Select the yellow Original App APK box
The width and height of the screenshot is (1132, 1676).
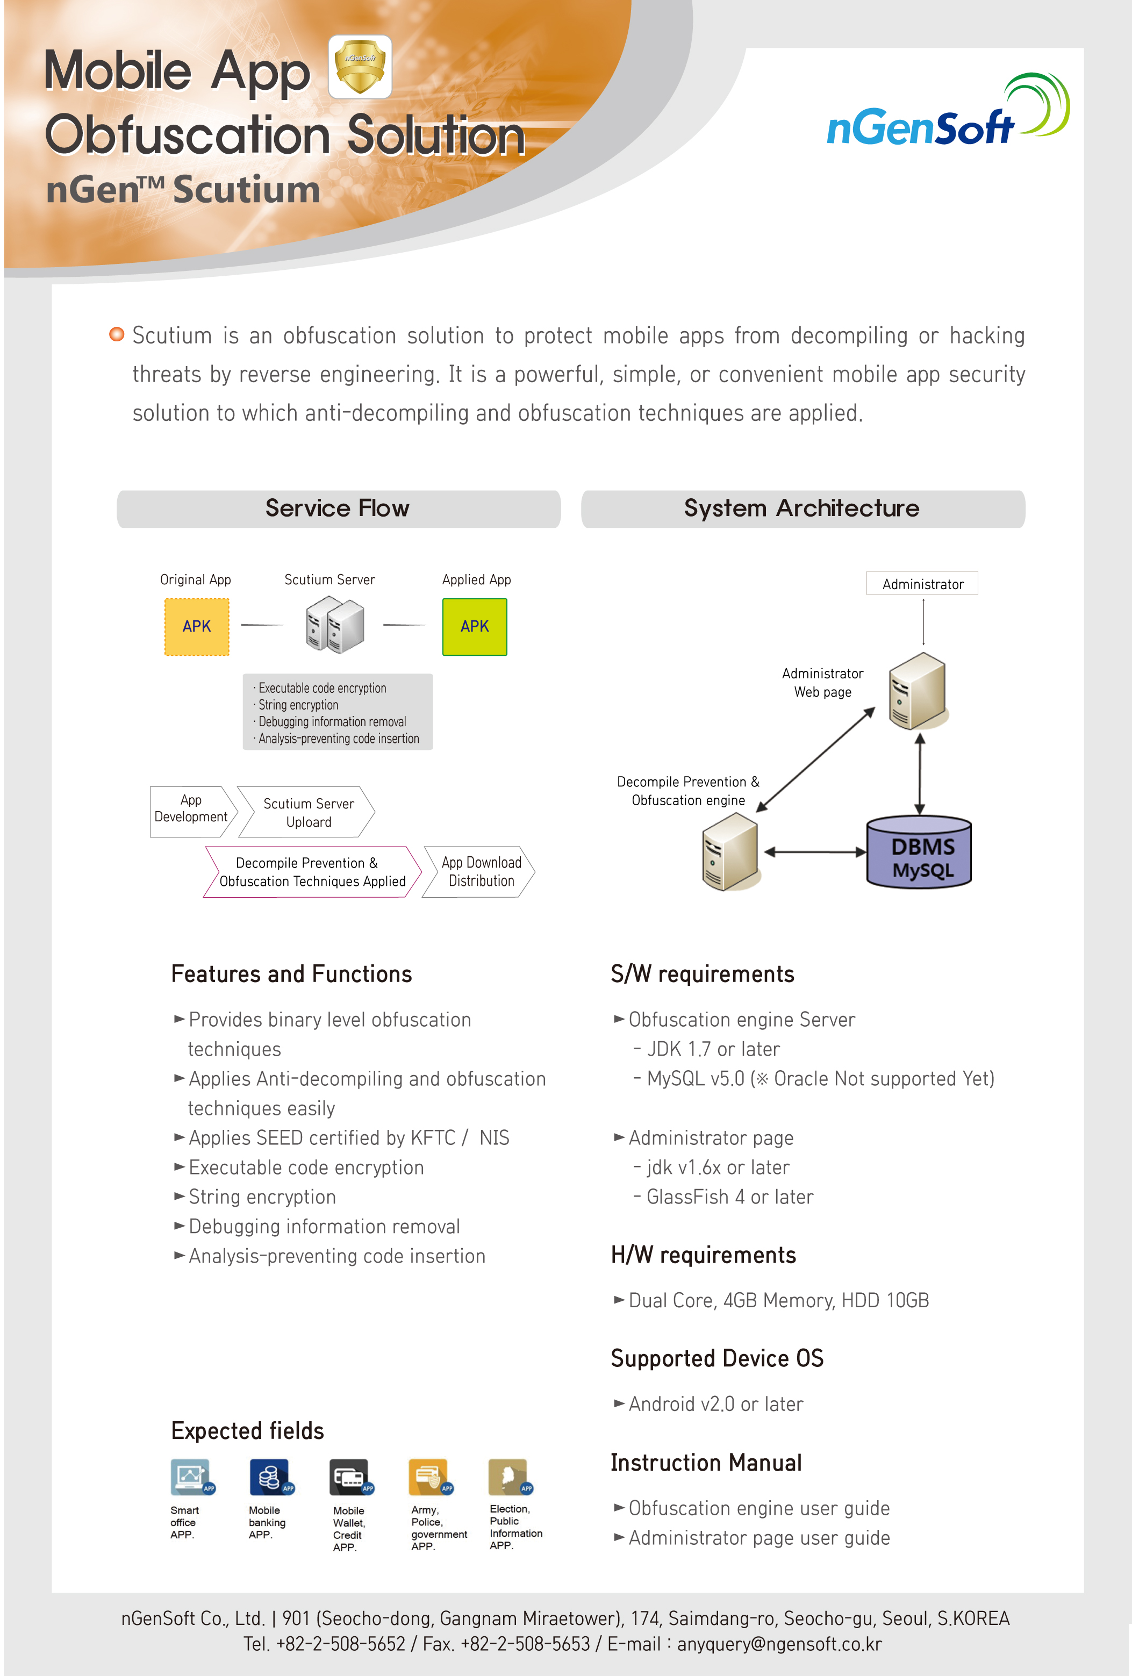[x=197, y=627]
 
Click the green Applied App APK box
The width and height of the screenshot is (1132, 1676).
[x=475, y=627]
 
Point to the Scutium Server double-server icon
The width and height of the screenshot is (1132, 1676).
[x=334, y=627]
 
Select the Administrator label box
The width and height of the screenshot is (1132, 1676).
[x=922, y=583]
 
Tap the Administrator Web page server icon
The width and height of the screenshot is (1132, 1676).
[x=917, y=691]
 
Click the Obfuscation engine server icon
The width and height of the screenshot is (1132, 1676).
[x=729, y=851]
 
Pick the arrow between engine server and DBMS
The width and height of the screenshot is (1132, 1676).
[x=815, y=851]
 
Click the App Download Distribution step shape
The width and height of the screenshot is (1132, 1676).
[x=479, y=871]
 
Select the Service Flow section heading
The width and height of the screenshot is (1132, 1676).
[x=338, y=508]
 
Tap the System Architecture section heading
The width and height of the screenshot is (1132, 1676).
[x=803, y=508]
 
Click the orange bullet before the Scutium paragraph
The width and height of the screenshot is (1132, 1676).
[x=116, y=334]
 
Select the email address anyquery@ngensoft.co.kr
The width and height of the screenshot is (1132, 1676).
[x=779, y=1644]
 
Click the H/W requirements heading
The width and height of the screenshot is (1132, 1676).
[x=703, y=1256]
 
